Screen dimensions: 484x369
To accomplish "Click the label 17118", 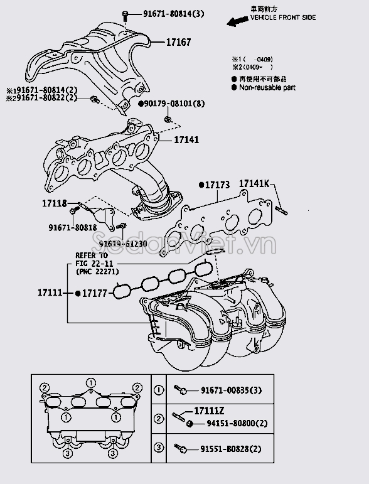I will click(x=55, y=204).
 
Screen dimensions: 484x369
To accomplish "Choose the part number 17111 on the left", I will click(x=50, y=293).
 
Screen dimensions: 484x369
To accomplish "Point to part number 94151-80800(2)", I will click(x=232, y=424).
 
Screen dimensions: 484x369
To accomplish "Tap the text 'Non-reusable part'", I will click(x=267, y=88).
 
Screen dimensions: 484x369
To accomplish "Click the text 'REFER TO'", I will click(x=91, y=256).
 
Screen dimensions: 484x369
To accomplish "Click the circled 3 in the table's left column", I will click(x=159, y=448).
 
